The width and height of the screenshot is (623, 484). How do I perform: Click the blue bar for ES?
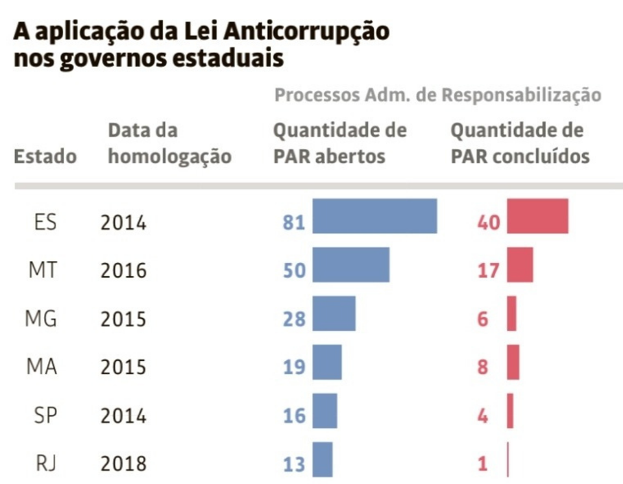[374, 216]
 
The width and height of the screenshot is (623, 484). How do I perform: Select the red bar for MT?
[520, 265]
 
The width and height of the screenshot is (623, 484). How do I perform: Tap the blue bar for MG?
[334, 313]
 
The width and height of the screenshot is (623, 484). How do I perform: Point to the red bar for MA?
[513, 362]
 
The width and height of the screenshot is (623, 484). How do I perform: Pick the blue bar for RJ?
[323, 459]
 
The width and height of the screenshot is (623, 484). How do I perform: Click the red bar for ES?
[537, 216]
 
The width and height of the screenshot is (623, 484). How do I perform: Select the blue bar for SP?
[324, 411]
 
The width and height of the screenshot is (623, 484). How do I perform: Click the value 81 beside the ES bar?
[294, 223]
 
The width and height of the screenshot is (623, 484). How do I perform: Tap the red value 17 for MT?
[488, 271]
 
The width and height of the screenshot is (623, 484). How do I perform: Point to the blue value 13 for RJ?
[294, 465]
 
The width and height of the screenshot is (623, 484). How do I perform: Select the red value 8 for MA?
[482, 367]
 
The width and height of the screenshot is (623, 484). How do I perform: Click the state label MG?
[41, 319]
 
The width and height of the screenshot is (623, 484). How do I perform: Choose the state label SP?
[45, 415]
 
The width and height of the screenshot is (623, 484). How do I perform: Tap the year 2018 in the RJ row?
[123, 465]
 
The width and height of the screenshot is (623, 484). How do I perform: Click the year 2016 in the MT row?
[123, 271]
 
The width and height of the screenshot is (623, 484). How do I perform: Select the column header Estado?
[45, 157]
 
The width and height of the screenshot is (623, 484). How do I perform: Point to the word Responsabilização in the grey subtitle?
[522, 95]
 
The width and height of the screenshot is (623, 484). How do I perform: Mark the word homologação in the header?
[169, 157]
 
